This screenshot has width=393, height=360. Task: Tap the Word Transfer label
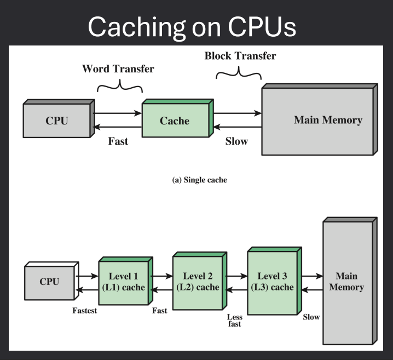click(118, 69)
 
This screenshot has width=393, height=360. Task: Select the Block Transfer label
click(240, 56)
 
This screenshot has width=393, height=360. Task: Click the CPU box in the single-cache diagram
click(57, 121)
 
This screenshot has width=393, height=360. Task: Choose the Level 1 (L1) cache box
click(124, 282)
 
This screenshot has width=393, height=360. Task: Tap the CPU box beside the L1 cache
click(49, 282)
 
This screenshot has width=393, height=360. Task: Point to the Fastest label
click(86, 311)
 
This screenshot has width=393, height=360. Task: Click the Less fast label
click(234, 320)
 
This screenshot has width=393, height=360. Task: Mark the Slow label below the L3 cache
click(311, 317)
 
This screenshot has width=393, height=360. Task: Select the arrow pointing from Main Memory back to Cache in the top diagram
click(237, 127)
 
